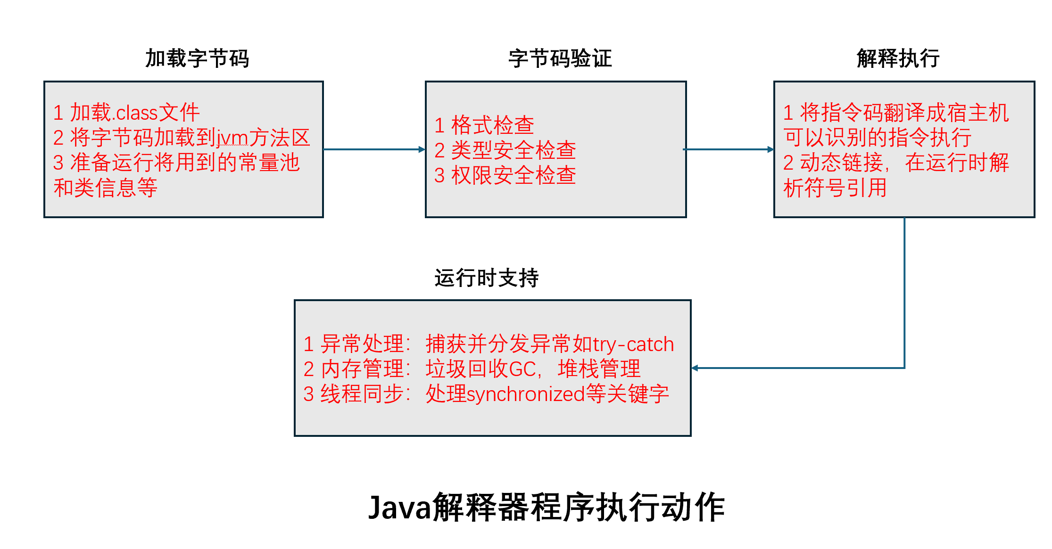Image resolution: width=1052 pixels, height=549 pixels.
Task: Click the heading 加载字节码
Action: click(x=197, y=58)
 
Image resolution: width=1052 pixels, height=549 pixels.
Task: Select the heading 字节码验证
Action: click(x=560, y=58)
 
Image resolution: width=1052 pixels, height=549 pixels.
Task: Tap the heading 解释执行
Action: click(x=898, y=58)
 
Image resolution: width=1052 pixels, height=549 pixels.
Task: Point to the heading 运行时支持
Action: click(x=486, y=278)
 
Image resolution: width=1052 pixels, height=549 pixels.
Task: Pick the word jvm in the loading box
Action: click(x=232, y=138)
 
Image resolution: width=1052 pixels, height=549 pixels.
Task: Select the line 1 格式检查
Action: click(x=484, y=125)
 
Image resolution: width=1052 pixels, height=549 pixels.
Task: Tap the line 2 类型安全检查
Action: click(x=505, y=150)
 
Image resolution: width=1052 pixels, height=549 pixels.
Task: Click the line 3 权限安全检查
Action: click(x=505, y=175)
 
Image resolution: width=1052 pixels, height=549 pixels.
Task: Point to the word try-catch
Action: click(x=633, y=344)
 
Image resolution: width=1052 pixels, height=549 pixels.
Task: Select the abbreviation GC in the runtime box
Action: click(x=522, y=369)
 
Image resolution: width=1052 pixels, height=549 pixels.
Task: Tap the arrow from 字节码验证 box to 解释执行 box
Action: click(x=729, y=149)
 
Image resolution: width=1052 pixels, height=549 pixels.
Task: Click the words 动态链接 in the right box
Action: click(x=842, y=163)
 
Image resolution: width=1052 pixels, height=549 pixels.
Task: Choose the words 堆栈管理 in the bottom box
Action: click(x=599, y=369)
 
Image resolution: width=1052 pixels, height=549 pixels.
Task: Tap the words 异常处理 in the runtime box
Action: click(x=362, y=344)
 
